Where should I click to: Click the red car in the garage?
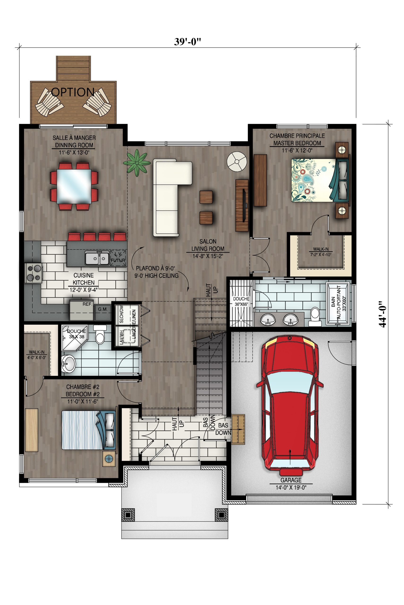(290, 405)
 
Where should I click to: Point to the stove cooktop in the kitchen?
(34, 273)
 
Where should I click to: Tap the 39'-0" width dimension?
(187, 42)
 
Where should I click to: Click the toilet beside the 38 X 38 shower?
(100, 334)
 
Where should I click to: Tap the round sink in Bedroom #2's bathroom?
(68, 363)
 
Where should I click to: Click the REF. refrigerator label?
(87, 304)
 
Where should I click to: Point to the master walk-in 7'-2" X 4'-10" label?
(321, 255)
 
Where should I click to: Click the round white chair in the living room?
(237, 162)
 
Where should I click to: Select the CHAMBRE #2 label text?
(82, 387)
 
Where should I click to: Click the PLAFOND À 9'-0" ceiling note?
(155, 268)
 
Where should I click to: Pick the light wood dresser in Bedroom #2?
(32, 430)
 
